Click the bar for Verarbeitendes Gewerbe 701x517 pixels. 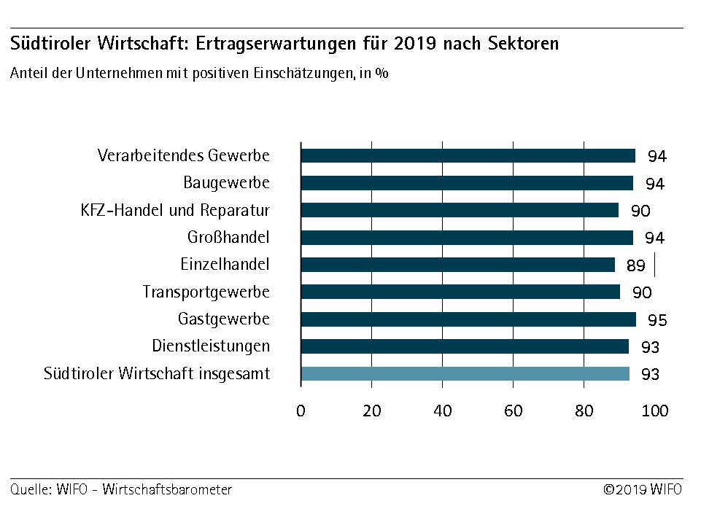468,155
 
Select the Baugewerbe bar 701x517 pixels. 467,183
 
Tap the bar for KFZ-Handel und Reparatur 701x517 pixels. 460,210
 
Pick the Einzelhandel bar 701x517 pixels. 457,265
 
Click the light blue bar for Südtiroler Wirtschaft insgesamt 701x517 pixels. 465,374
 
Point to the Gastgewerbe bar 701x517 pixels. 468,319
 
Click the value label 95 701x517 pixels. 657,320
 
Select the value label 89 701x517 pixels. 635,265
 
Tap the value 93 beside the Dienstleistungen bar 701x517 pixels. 650,347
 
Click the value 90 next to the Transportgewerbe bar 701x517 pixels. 641,292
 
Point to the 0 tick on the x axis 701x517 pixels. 301,411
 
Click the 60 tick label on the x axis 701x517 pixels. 514,411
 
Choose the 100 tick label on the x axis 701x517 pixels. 655,411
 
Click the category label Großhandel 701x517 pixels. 228,238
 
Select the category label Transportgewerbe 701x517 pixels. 206,292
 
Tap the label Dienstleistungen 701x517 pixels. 211,346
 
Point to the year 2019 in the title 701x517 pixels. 415,43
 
